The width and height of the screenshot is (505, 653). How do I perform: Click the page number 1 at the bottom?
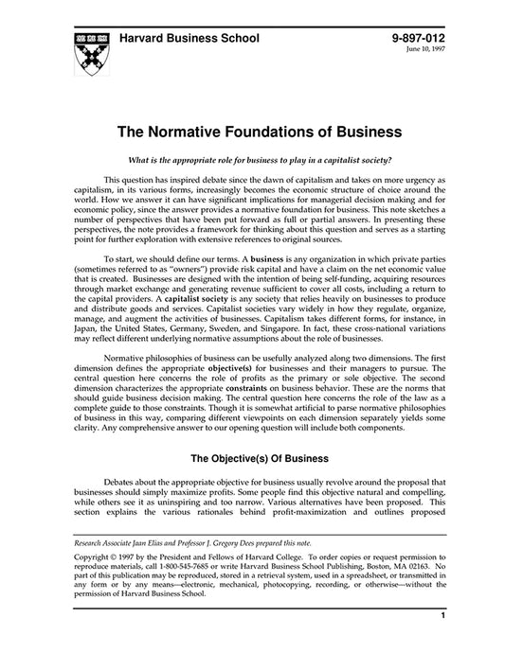(x=442, y=643)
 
